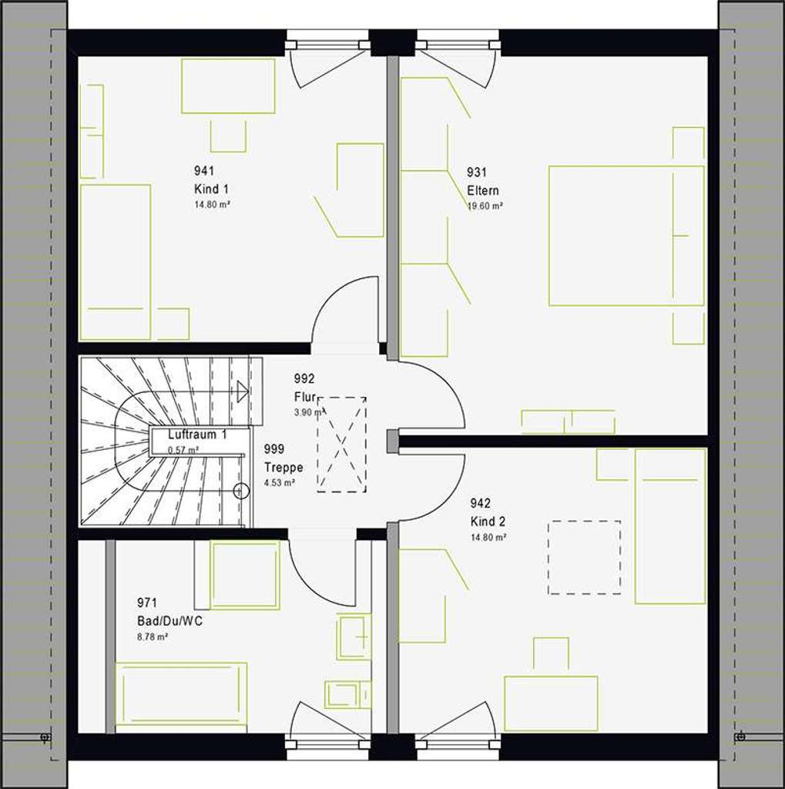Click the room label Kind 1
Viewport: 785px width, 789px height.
coord(211,189)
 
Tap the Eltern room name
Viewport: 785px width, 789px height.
coord(482,190)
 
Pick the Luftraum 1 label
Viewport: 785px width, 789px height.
coord(197,435)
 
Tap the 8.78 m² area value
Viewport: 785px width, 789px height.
coord(153,637)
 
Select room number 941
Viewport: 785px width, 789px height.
coord(203,171)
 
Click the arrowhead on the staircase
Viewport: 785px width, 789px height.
coord(243,391)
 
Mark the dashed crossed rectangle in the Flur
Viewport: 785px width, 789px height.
coord(342,444)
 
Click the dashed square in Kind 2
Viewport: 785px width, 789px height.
coord(584,557)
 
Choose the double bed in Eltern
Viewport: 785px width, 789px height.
coord(626,235)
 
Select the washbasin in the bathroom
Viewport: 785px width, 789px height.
coord(354,636)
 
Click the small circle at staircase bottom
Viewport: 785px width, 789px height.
coord(241,490)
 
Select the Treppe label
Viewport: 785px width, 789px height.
coord(283,468)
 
